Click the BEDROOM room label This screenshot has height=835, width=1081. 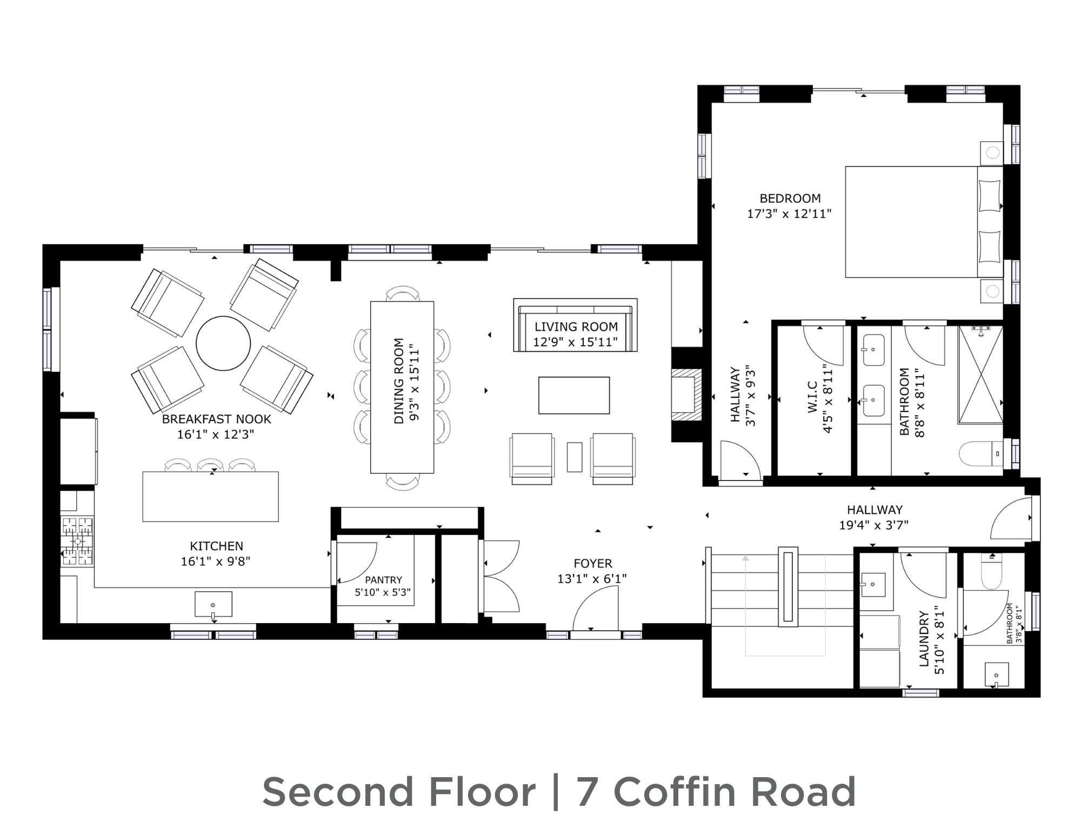(x=790, y=198)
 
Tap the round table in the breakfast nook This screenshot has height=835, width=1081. (x=223, y=343)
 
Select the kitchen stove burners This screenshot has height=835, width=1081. (x=77, y=541)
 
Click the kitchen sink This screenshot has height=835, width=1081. (x=213, y=604)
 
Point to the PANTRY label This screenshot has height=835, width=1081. (x=383, y=580)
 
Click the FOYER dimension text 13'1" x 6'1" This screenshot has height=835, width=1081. (x=592, y=578)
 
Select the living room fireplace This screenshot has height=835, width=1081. (x=687, y=395)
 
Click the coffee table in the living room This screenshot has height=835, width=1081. (x=574, y=395)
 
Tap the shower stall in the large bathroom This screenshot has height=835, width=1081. (x=980, y=374)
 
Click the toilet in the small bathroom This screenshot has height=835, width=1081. (x=992, y=571)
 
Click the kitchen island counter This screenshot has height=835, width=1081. (x=210, y=496)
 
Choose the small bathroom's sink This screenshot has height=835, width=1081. (x=996, y=674)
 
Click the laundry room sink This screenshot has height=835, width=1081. (x=873, y=584)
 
